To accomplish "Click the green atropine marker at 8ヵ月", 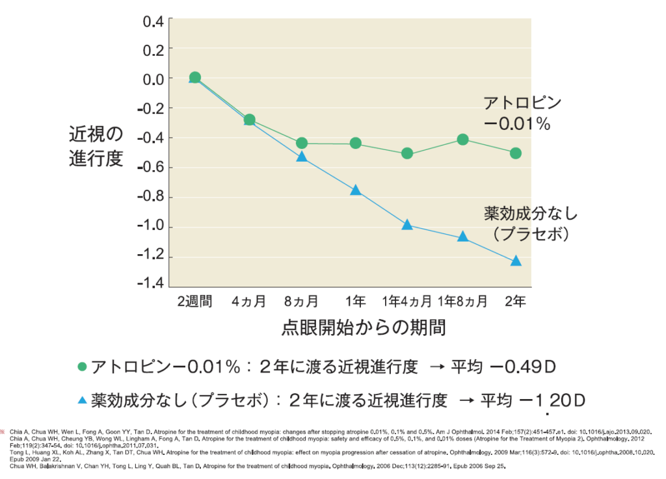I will (301, 143).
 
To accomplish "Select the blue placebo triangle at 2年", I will (516, 261).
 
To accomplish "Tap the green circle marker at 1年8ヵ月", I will (462, 139).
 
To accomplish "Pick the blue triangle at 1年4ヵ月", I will (407, 225).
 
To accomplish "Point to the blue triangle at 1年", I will (356, 190).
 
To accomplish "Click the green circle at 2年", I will (516, 153).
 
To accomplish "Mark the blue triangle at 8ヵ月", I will (301, 157).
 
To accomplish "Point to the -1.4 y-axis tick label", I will (151, 287).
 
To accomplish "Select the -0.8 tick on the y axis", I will (151, 198).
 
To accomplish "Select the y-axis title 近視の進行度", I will (96, 147).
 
